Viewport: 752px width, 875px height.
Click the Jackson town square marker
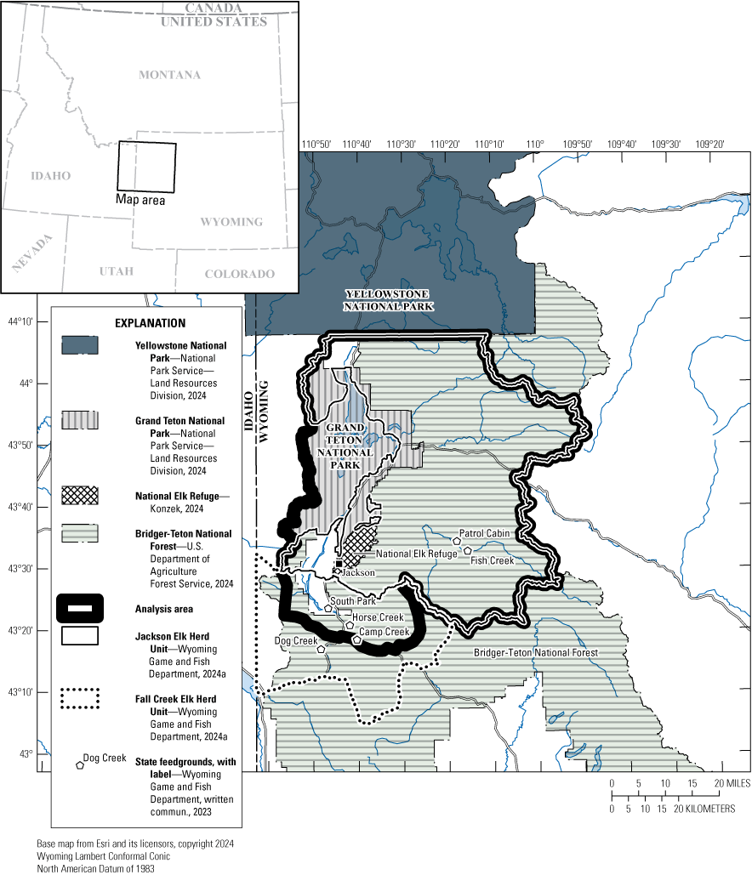point(339,564)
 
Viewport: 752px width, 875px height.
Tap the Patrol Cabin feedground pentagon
point(457,541)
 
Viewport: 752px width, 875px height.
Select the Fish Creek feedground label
point(493,560)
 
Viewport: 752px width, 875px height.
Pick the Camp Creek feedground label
point(384,632)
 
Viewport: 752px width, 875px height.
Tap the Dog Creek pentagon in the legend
point(80,765)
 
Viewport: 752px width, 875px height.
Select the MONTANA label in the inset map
point(170,75)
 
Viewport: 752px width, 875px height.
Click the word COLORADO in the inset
point(239,274)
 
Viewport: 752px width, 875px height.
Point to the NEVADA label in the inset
point(31,253)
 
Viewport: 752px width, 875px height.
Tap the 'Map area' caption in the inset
point(140,201)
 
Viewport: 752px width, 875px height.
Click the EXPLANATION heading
point(150,323)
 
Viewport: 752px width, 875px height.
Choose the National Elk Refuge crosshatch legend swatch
point(80,495)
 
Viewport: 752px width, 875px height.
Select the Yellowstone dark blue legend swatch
point(80,345)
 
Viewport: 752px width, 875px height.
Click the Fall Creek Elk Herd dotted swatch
point(80,699)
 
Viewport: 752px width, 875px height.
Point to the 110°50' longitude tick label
point(316,145)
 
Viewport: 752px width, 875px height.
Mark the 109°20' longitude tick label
point(709,145)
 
